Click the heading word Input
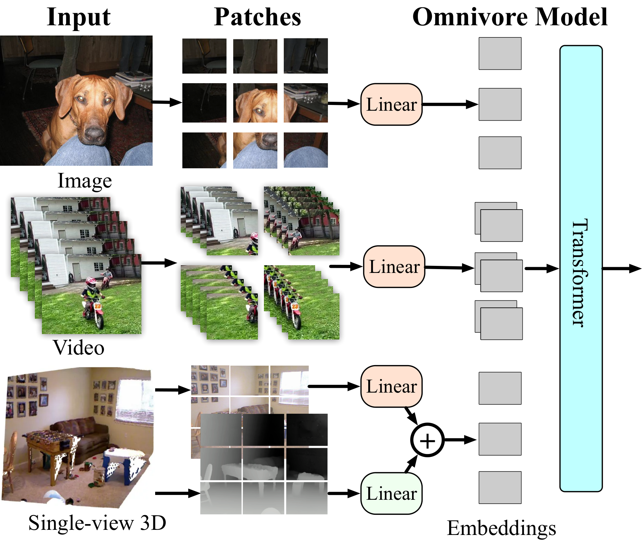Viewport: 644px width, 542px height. click(x=79, y=17)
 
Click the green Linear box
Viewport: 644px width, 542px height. click(x=392, y=493)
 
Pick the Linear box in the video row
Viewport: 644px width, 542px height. click(x=394, y=267)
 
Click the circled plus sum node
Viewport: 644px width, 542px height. click(x=427, y=440)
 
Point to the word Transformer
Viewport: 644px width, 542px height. click(x=580, y=273)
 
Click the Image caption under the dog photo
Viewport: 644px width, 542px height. click(x=85, y=181)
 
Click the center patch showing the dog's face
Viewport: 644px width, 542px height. click(x=255, y=103)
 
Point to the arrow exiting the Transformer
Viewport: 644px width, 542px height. click(x=622, y=268)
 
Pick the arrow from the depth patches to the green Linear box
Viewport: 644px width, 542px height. click(x=344, y=493)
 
